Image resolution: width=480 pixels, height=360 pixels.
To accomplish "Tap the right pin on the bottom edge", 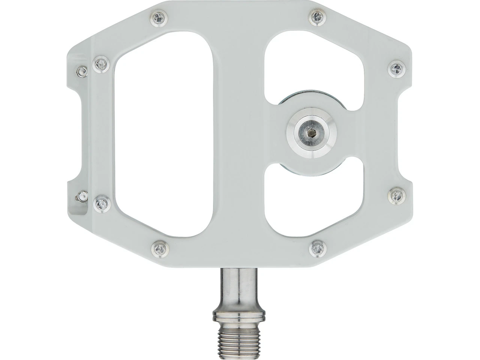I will click(x=318, y=247).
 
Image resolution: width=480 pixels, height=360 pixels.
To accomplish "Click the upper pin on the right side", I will click(x=397, y=69).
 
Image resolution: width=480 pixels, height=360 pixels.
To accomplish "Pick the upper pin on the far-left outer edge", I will click(x=82, y=71).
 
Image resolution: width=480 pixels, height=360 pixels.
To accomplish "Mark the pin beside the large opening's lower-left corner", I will click(x=101, y=204).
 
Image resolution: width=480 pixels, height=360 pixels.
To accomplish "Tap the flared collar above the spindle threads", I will click(x=240, y=315).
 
